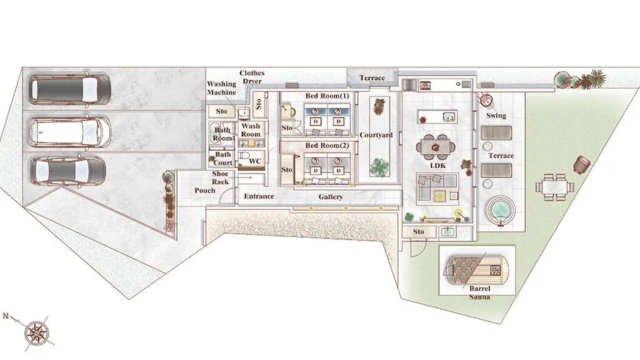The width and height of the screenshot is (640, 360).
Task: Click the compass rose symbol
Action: (x=37, y=333)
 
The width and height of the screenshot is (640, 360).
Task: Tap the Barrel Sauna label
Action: (x=480, y=293)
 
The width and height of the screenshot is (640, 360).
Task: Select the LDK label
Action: (x=438, y=165)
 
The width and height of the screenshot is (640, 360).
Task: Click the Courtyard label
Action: (x=376, y=135)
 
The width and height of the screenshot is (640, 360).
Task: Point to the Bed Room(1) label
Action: (x=327, y=96)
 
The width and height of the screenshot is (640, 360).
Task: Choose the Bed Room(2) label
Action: (x=327, y=146)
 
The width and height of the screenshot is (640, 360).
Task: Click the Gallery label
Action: (x=331, y=197)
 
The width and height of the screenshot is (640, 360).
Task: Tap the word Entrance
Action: (x=259, y=196)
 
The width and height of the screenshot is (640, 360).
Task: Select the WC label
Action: (x=255, y=161)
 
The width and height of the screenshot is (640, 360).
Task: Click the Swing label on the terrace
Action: (x=496, y=116)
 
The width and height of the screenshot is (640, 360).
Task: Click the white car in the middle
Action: (x=70, y=131)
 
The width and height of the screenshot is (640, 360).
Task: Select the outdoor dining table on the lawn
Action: (x=554, y=187)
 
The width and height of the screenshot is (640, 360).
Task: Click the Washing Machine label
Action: (x=221, y=88)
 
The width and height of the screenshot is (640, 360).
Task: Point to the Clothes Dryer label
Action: (x=252, y=77)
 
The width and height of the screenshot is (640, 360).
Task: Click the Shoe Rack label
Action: (x=220, y=177)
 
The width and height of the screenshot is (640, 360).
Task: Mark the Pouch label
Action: (x=205, y=190)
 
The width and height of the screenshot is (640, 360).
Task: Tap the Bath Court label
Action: (x=223, y=158)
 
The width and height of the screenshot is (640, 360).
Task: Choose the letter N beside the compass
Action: (x=5, y=316)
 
